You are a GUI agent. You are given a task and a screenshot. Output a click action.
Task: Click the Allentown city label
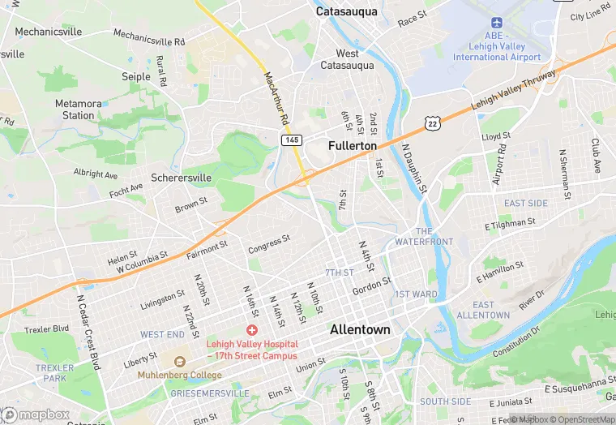(x=360, y=330)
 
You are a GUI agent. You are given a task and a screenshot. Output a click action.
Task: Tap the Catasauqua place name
(x=345, y=12)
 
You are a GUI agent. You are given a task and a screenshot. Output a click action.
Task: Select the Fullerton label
(x=353, y=145)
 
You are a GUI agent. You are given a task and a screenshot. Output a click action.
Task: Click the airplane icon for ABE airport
(x=496, y=22)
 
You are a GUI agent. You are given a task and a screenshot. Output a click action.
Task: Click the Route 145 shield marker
(x=292, y=140)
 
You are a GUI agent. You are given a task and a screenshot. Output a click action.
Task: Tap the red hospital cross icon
(x=251, y=331)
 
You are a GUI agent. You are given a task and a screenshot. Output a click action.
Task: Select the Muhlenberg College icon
(x=180, y=361)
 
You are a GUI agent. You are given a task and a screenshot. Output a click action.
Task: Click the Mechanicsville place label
(x=49, y=32)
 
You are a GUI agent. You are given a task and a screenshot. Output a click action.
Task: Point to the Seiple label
(x=136, y=76)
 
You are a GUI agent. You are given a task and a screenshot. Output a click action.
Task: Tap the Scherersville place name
(x=181, y=178)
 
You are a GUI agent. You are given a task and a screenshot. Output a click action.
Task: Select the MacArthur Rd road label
(x=276, y=97)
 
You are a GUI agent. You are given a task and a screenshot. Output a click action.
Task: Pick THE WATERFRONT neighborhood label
(x=424, y=237)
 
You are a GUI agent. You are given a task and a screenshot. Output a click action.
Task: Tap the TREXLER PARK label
(x=55, y=373)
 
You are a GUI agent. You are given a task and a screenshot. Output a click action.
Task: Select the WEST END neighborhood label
(x=162, y=334)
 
